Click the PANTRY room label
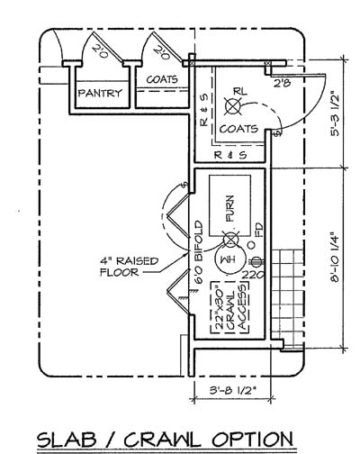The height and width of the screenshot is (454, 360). tap(100, 93)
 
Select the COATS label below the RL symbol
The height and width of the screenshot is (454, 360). tap(238, 129)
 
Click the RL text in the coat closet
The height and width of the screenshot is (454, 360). tap(239, 91)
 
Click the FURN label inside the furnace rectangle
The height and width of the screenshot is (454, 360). tap(230, 213)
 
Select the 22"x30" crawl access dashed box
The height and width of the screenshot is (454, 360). tap(223, 307)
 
